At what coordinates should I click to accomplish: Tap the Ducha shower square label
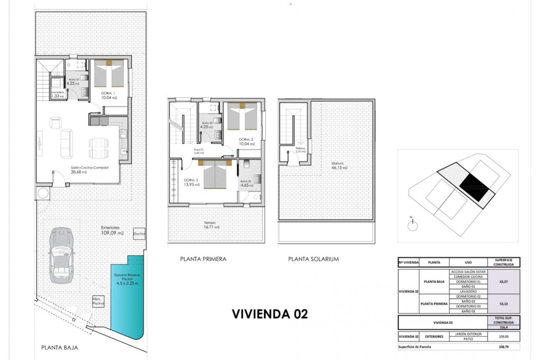coord(139,234)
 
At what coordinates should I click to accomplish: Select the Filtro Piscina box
coord(98,301)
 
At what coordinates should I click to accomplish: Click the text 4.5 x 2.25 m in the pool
coord(127,283)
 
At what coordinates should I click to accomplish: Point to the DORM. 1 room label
coord(108,93)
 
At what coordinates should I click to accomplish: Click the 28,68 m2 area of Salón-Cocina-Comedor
coord(80,172)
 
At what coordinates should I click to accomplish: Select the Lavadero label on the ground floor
coord(57,92)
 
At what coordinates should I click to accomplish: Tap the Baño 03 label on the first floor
coord(246,181)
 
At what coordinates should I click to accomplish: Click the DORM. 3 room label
coord(191,180)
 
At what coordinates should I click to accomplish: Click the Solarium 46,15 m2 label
coord(339,166)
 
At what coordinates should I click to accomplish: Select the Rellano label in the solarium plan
coord(300,148)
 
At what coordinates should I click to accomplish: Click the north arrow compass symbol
coord(412,225)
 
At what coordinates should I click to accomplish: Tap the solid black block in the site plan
coord(474,187)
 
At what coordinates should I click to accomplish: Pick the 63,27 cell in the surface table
coord(503,282)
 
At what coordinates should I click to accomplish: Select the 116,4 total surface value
coord(503,327)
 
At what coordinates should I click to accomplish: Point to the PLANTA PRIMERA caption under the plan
coord(203,259)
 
